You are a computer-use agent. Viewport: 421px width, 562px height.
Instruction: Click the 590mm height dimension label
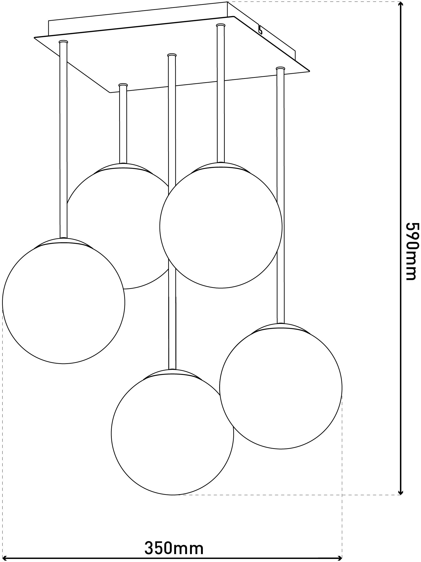pos(412,251)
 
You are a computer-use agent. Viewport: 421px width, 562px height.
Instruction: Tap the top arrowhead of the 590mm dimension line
pos(401,6)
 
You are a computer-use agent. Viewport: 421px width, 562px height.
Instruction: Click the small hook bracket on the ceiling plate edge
pos(260,30)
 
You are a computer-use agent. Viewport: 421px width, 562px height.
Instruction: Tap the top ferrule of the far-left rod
pos(63,42)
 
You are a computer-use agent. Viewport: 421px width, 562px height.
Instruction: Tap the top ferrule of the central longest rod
pos(172,55)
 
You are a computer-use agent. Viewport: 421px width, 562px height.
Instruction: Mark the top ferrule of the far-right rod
pos(280,69)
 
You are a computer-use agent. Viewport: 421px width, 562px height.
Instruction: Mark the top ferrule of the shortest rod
pos(123,85)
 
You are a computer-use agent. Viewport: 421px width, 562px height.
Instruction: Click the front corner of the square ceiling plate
pos(110,93)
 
